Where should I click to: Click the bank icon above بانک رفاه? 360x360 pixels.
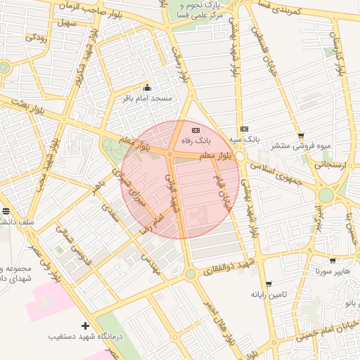point(195,130)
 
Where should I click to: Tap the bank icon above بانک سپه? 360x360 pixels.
point(244,129)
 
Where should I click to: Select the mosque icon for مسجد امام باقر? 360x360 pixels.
point(147,88)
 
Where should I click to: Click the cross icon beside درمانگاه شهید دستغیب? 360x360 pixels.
point(86,326)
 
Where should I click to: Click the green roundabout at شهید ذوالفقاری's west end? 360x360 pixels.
point(190,274)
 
